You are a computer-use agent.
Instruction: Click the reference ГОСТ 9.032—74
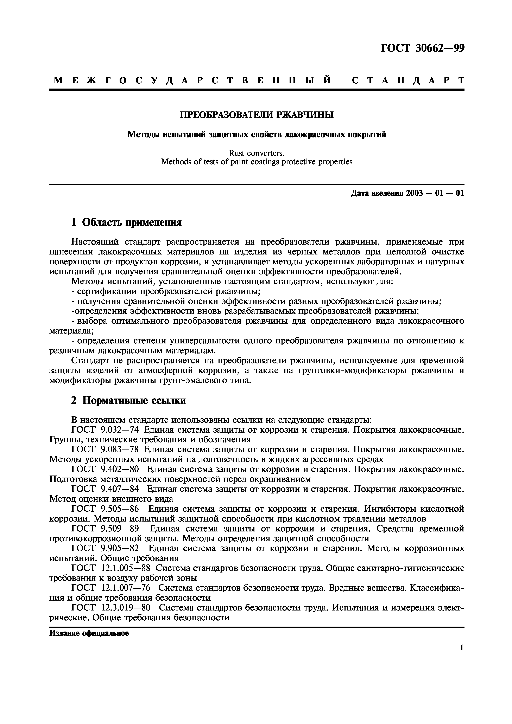pyautogui.click(x=105, y=430)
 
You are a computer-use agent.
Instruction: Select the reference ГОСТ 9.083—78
pyautogui.click(x=105, y=449)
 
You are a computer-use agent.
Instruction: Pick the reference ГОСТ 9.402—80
pyautogui.click(x=105, y=469)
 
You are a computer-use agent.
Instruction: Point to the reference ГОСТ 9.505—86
pyautogui.click(x=105, y=509)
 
